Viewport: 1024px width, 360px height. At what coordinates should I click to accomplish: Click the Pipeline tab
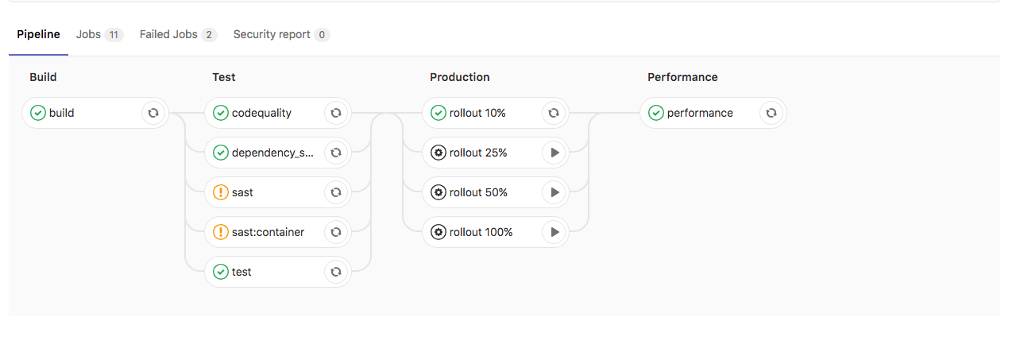[38, 35]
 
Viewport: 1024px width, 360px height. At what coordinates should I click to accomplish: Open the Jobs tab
[88, 35]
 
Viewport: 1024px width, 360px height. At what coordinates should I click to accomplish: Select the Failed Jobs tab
[168, 35]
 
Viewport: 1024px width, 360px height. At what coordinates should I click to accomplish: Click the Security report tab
[272, 35]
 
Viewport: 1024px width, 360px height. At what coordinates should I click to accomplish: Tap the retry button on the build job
[153, 113]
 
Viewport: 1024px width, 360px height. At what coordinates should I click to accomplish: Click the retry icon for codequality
[336, 113]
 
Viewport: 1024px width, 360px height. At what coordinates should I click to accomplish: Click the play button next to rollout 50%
[554, 192]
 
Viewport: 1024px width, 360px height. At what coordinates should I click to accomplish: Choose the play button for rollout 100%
[554, 232]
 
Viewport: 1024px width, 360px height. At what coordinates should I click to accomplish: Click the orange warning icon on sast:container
[221, 232]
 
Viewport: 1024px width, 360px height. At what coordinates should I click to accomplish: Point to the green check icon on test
[221, 272]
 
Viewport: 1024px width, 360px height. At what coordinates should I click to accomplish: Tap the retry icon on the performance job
[771, 113]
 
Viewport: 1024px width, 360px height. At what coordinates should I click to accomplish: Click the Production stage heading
[459, 77]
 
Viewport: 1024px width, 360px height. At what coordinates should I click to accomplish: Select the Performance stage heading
[682, 77]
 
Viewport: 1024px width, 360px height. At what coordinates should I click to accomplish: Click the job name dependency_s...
[272, 153]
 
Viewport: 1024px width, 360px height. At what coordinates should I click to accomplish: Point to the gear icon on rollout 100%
[439, 232]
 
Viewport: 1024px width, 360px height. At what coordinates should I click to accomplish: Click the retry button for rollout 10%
[554, 113]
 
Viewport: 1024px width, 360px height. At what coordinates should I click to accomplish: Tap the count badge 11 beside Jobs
[114, 35]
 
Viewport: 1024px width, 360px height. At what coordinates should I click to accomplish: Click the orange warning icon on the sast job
[221, 192]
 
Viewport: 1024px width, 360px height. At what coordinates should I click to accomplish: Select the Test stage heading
[224, 77]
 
